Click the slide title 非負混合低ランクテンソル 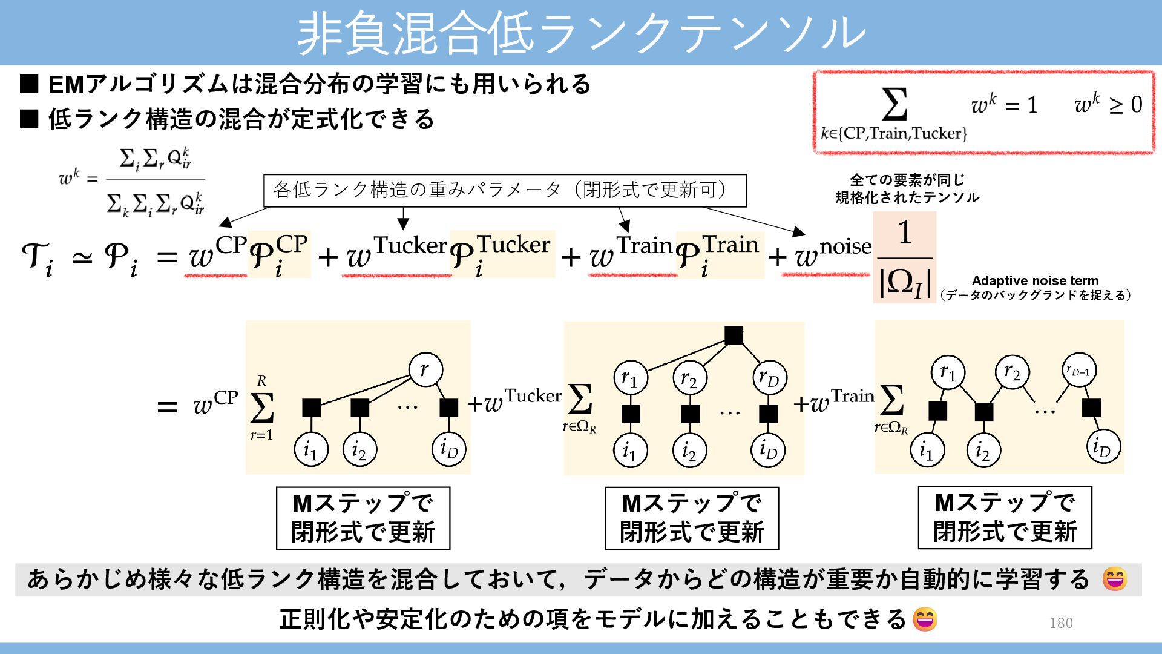(581, 33)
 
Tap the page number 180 (1060, 623)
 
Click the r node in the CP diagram (425, 369)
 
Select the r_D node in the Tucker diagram (769, 378)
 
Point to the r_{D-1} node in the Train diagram (1078, 371)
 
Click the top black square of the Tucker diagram (734, 335)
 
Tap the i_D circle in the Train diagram (1103, 447)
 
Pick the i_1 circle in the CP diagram (311, 449)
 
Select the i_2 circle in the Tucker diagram (689, 451)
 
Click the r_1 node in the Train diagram (948, 372)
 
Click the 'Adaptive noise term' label (1035, 280)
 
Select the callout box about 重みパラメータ (505, 191)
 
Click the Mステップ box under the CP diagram (363, 518)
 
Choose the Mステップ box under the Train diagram (1005, 518)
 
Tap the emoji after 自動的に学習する (1114, 580)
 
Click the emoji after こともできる (924, 619)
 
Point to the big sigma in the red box (894, 104)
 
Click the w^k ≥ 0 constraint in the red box (1108, 104)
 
